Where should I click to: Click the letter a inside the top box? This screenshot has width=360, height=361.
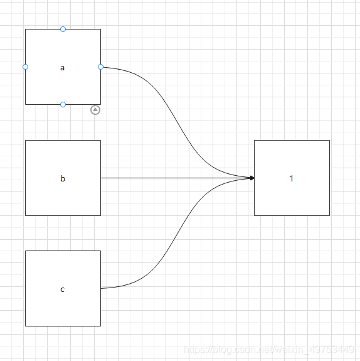click(x=62, y=68)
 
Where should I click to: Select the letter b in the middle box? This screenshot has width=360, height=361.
click(x=63, y=178)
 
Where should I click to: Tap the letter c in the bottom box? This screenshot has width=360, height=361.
click(x=62, y=289)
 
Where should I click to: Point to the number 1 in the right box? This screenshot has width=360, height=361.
click(x=292, y=178)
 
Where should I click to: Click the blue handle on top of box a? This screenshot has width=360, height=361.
click(x=63, y=29)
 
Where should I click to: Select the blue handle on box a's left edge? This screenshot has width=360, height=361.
click(x=25, y=67)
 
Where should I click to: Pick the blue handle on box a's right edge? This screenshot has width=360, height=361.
click(x=100, y=67)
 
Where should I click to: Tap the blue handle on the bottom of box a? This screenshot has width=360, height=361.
click(x=63, y=104)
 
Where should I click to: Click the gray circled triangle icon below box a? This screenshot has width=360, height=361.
click(x=95, y=110)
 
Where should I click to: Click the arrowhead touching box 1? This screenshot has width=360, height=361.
click(x=252, y=178)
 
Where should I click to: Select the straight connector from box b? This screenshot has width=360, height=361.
click(x=177, y=178)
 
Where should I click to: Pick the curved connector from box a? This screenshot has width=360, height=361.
click(x=177, y=122)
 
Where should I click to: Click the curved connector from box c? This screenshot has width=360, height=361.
click(x=177, y=233)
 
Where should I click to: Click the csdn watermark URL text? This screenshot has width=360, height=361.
click(x=269, y=350)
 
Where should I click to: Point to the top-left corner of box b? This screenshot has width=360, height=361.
click(x=25, y=140)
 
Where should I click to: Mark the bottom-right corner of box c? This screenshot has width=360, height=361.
click(x=100, y=326)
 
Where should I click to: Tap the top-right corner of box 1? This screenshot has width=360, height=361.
click(x=329, y=140)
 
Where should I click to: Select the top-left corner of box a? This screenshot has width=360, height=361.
click(x=25, y=30)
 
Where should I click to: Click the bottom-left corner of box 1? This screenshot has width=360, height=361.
click(x=254, y=215)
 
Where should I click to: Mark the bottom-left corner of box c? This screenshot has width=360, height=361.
click(x=25, y=326)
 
